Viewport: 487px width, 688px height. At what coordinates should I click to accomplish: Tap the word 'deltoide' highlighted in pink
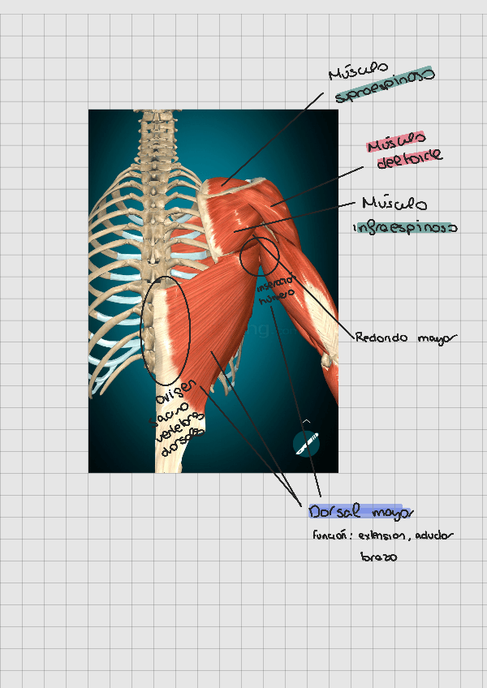pos(410,155)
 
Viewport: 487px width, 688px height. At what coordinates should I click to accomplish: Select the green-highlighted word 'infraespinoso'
pos(405,229)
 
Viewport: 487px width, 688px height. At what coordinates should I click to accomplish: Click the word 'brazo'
pos(378,558)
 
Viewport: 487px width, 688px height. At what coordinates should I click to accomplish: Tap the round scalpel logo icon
pos(306,442)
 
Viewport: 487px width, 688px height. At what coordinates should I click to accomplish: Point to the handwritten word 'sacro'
pos(172,412)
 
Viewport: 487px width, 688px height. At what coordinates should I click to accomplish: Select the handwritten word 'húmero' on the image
pos(271,297)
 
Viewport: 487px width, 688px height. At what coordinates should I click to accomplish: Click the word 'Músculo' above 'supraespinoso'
pos(358,71)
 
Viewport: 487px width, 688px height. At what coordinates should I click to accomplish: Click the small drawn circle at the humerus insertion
pos(260,256)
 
